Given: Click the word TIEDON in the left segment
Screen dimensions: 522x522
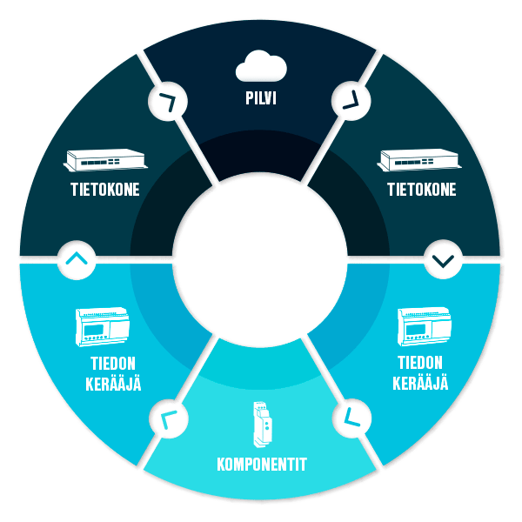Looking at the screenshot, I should click(x=104, y=364).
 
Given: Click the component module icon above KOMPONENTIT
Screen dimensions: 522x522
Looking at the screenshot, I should click(x=261, y=423).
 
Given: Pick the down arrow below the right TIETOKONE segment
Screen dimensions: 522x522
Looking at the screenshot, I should click(x=442, y=259).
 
